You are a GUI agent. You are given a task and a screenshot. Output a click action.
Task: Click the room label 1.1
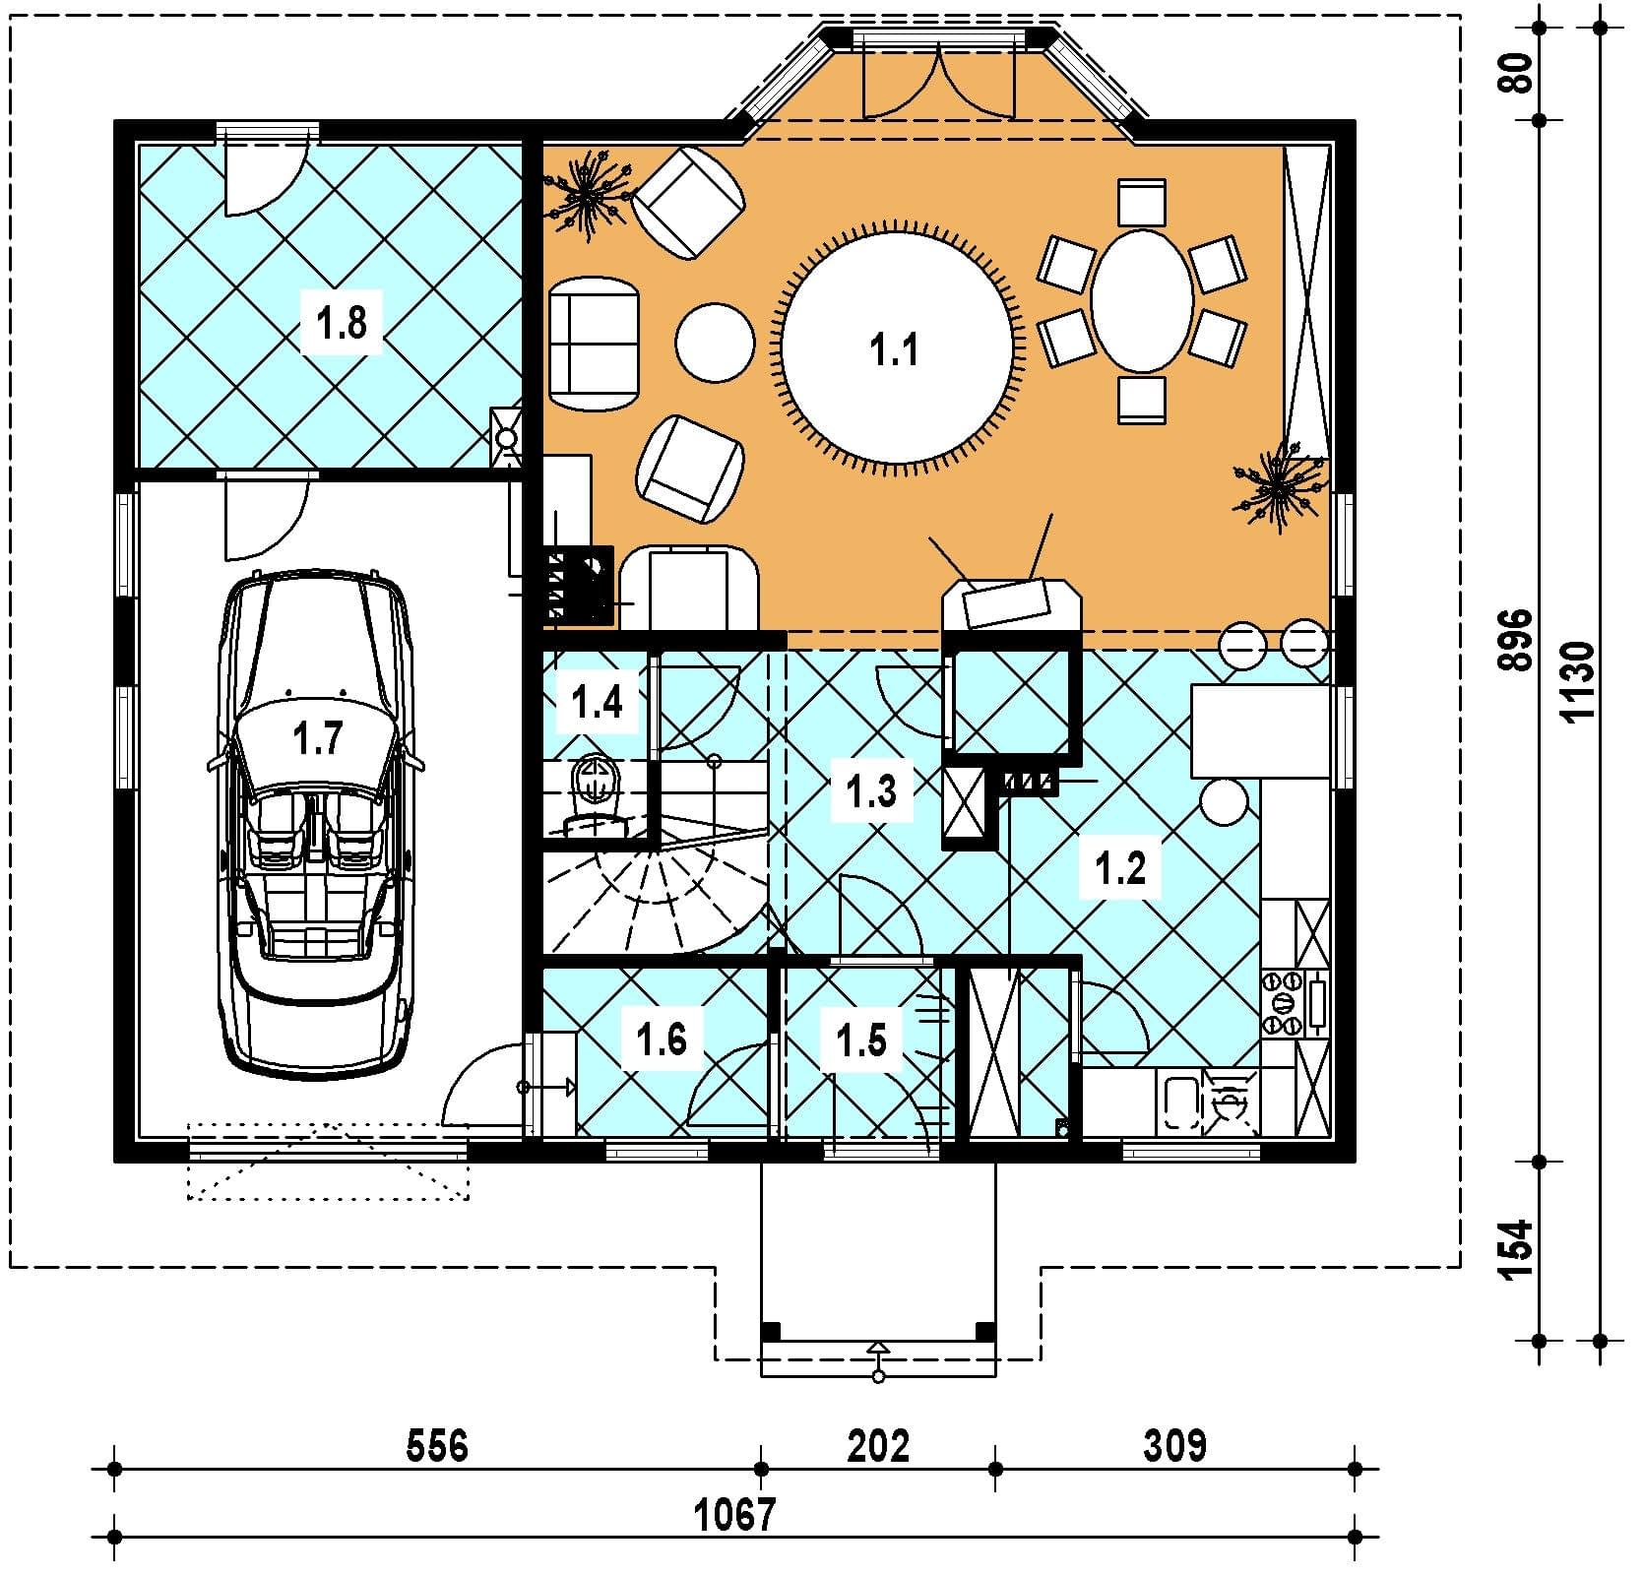click(894, 349)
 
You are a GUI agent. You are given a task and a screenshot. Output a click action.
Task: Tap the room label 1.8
click(342, 322)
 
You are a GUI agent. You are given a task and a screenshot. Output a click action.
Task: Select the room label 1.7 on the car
click(317, 739)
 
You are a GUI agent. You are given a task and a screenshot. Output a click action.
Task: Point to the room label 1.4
click(597, 703)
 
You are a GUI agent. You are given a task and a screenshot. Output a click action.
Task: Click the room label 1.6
click(661, 1039)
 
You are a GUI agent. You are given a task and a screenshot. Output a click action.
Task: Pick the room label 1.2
click(1120, 868)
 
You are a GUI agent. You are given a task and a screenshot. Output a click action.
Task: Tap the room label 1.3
click(871, 790)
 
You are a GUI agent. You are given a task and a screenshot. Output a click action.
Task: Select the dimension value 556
click(437, 1447)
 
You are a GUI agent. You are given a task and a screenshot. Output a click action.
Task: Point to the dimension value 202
click(878, 1447)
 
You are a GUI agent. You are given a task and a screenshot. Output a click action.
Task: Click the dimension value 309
click(1174, 1447)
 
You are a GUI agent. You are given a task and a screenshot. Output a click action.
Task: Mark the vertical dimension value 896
click(1516, 641)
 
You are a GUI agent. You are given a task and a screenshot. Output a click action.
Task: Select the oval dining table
click(1142, 301)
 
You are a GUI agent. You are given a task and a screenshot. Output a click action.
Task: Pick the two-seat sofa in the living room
click(593, 344)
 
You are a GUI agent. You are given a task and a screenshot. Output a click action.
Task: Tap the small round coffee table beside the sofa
click(715, 343)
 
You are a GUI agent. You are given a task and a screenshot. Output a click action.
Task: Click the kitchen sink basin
click(1179, 1102)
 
